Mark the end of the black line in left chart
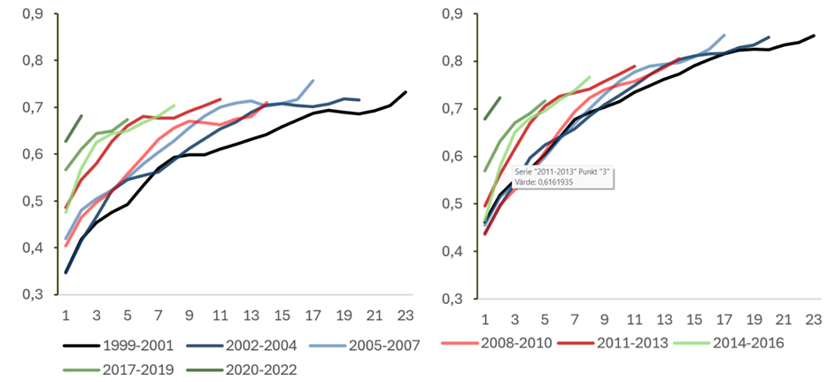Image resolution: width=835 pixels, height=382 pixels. click(406, 91)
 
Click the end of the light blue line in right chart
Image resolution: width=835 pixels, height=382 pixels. click(725, 35)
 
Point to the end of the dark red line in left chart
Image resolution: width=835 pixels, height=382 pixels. click(220, 99)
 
